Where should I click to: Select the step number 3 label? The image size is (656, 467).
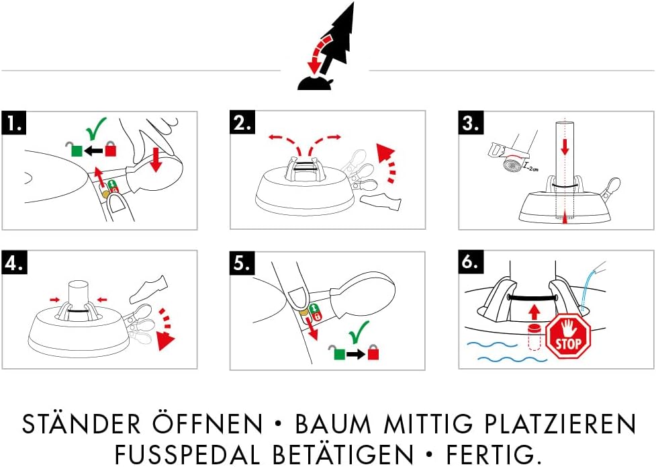[x=471, y=123]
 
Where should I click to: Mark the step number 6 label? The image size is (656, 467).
[x=472, y=263]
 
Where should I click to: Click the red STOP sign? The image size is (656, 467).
[x=568, y=338]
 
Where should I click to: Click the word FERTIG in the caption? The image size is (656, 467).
[x=501, y=454]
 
